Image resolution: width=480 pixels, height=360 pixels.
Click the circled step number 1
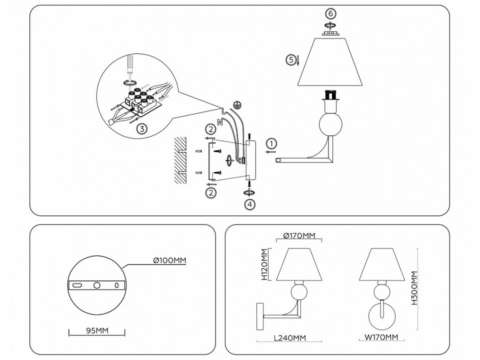pyautogui.click(x=271, y=143)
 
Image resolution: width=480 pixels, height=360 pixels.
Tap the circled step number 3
pyautogui.click(x=141, y=129)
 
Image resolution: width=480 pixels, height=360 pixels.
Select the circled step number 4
pyautogui.click(x=250, y=204)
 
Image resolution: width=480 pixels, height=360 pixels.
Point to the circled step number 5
pyautogui.click(x=291, y=60)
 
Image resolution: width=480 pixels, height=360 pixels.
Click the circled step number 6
pyautogui.click(x=330, y=13)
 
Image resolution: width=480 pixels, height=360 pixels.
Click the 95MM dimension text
pyautogui.click(x=97, y=331)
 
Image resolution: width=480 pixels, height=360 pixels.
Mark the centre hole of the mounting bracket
pyautogui.click(x=97, y=285)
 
